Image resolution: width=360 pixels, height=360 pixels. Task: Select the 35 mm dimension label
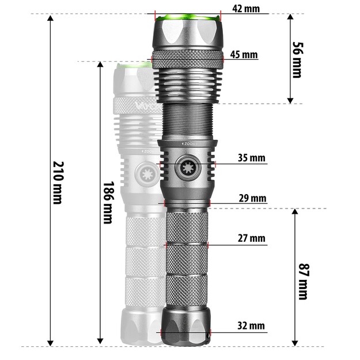click(251, 157)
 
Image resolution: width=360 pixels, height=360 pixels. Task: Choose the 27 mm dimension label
click(251, 237)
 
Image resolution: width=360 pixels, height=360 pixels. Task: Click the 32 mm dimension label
click(251, 325)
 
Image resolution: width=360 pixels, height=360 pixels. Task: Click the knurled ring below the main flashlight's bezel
click(187, 59)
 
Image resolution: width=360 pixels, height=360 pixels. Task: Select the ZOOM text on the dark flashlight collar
click(187, 141)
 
